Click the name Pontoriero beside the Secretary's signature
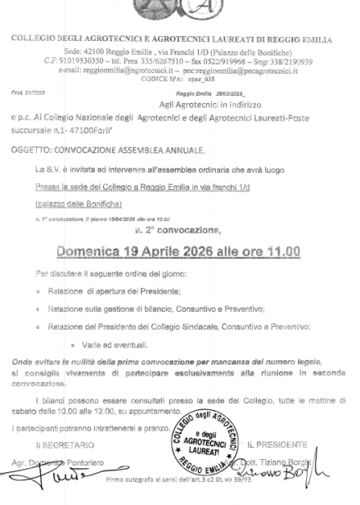(97, 464)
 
